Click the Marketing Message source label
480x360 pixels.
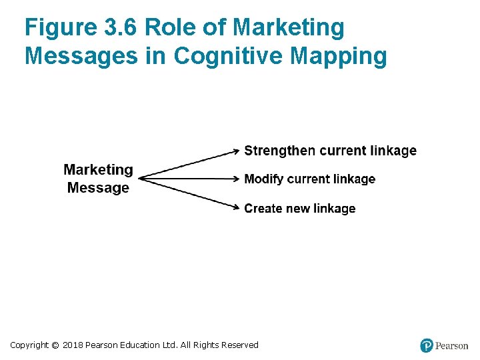coord(98,179)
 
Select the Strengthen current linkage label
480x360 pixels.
coord(330,151)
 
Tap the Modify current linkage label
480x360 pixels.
coord(309,179)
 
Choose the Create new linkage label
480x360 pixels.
coord(299,209)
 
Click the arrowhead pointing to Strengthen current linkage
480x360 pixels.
coord(236,151)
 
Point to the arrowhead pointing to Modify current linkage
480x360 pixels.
coord(236,179)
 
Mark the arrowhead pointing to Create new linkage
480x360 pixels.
coord(236,208)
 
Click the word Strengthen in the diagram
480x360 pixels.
coord(280,151)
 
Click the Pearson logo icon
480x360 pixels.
coord(427,345)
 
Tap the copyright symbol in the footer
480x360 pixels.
coord(55,345)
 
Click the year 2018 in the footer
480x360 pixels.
coord(73,345)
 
